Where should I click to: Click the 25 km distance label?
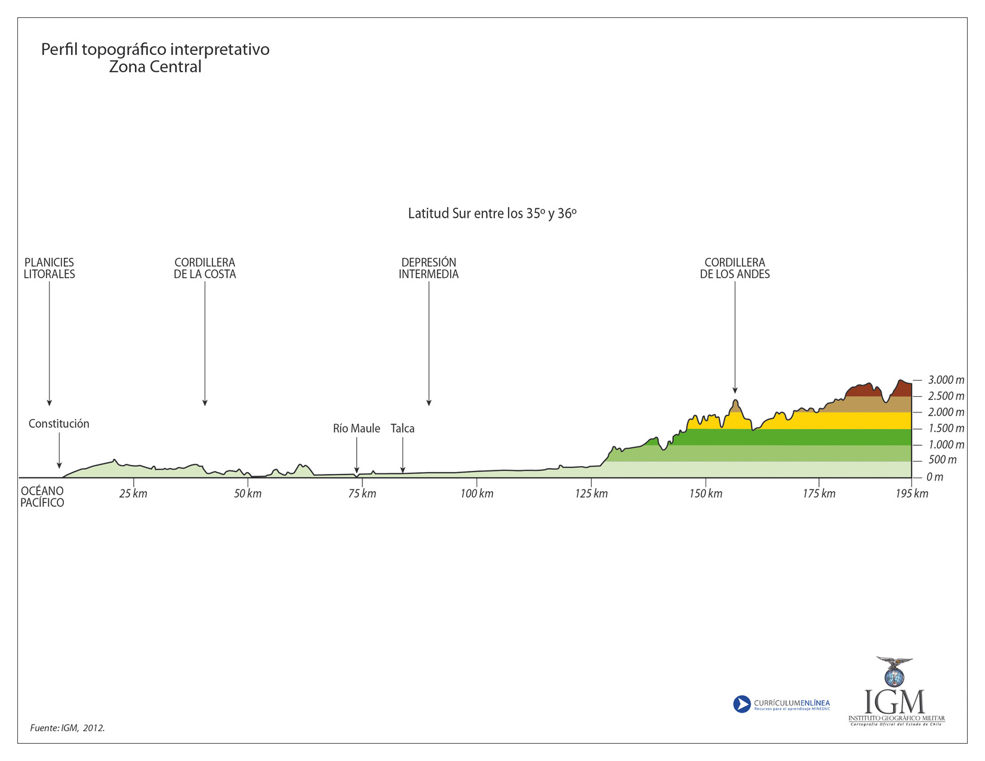[x=133, y=494]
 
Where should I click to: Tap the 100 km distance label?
[x=477, y=494]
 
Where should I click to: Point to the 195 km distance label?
[x=912, y=494]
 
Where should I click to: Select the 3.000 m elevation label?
[x=946, y=380]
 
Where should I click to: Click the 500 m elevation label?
[x=942, y=460]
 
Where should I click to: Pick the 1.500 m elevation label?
[x=946, y=429]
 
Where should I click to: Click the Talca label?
[x=402, y=429]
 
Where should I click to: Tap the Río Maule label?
[x=356, y=429]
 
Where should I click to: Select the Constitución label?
[x=59, y=424]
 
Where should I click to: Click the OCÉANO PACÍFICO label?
[x=42, y=497]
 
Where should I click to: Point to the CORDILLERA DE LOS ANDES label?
[x=735, y=269]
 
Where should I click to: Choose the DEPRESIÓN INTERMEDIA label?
[x=429, y=269]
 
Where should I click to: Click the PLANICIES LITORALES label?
[x=50, y=269]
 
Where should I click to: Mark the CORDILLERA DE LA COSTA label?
[x=205, y=269]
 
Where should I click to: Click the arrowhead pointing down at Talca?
[x=403, y=470]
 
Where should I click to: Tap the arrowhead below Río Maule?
[x=356, y=470]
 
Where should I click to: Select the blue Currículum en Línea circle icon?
[x=741, y=704]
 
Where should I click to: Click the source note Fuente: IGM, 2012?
[x=67, y=728]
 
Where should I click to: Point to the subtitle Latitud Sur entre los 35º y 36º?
[x=492, y=214]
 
